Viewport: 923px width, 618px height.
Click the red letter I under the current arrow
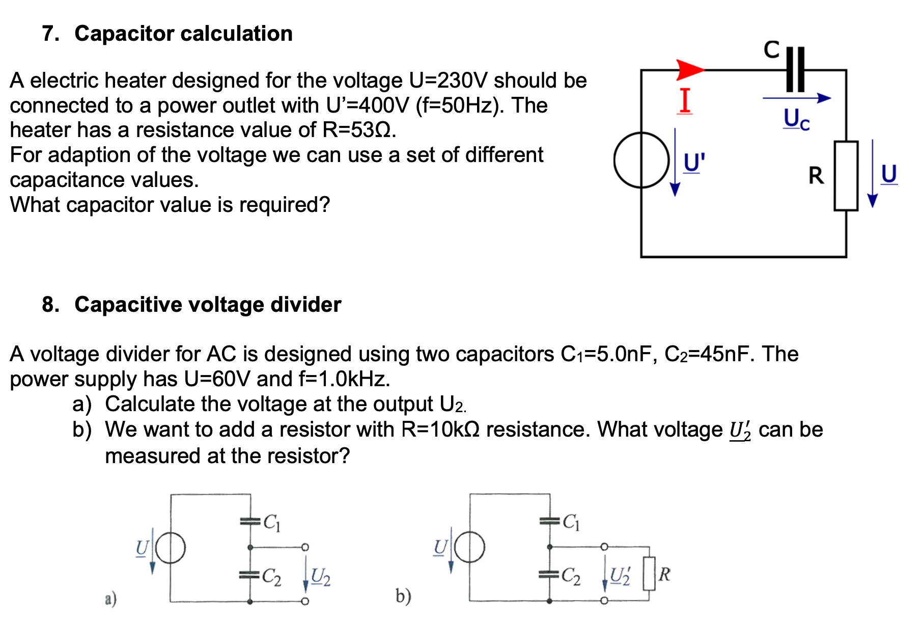[685, 100]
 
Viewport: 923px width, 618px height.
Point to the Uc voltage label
[796, 120]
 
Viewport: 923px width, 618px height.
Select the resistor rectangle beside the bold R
[846, 176]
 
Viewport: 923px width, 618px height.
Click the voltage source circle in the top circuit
[641, 160]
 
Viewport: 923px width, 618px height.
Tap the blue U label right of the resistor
[889, 174]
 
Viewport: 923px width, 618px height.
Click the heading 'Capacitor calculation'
[183, 34]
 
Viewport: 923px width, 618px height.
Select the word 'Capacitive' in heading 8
[128, 305]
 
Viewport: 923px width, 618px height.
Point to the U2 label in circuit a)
[321, 577]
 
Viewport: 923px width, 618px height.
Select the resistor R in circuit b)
[649, 574]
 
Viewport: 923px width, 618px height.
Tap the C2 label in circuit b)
[571, 576]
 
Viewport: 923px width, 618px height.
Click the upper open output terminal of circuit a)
[304, 547]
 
